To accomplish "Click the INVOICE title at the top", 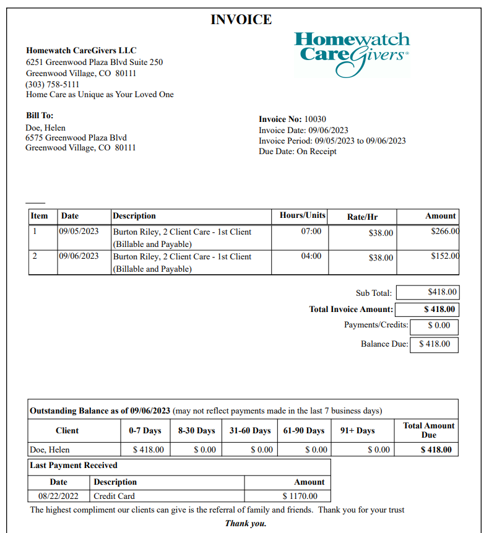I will [x=241, y=20].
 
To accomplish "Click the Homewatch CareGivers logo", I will [x=352, y=54].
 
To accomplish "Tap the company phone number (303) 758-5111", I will [x=52, y=84].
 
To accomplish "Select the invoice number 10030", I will [x=315, y=119].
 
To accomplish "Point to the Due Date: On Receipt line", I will [x=297, y=152].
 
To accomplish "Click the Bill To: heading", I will [x=40, y=116].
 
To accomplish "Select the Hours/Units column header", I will [x=302, y=215].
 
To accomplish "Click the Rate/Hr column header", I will [x=362, y=217].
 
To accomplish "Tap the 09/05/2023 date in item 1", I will [x=79, y=232].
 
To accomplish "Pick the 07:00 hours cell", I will [x=311, y=232].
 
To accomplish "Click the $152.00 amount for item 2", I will [x=444, y=256].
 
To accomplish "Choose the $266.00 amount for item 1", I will [x=444, y=231].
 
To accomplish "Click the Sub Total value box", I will [x=427, y=292].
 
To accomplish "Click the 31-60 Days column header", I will [x=250, y=430].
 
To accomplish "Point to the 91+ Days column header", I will [x=357, y=430].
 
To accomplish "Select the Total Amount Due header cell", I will [x=428, y=430].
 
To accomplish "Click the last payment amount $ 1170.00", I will [x=300, y=496].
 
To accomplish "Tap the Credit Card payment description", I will [x=114, y=496].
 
